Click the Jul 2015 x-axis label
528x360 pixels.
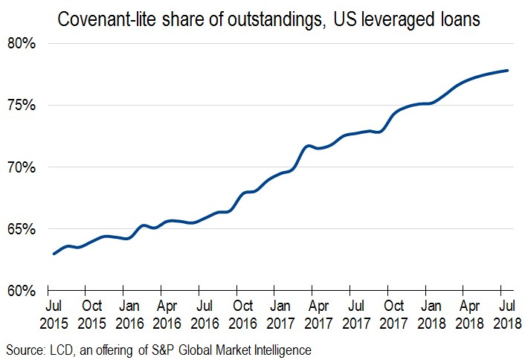54,314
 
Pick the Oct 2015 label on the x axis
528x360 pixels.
91,314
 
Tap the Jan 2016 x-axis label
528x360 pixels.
129,314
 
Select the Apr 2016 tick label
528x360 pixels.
167,314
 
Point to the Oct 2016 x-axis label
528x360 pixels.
243,314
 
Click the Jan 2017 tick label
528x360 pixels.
281,314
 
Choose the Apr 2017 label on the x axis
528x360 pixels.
318,314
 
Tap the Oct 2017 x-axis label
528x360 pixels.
394,314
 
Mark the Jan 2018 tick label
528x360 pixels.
432,314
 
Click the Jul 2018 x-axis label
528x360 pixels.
507,314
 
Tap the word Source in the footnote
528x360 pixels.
24,348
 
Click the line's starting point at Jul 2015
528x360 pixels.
54,254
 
